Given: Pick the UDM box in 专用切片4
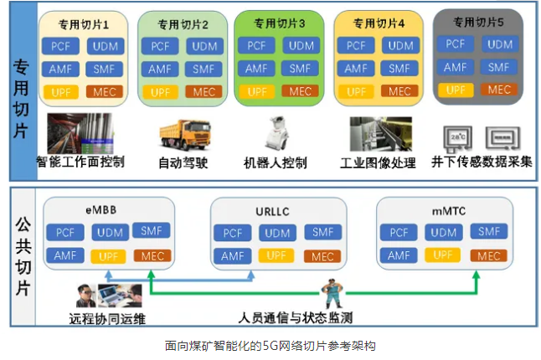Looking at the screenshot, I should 399,45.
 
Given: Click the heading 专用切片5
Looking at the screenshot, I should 477,21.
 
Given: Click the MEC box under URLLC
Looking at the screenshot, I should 322,255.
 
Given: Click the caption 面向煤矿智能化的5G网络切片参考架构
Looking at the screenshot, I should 270,345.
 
